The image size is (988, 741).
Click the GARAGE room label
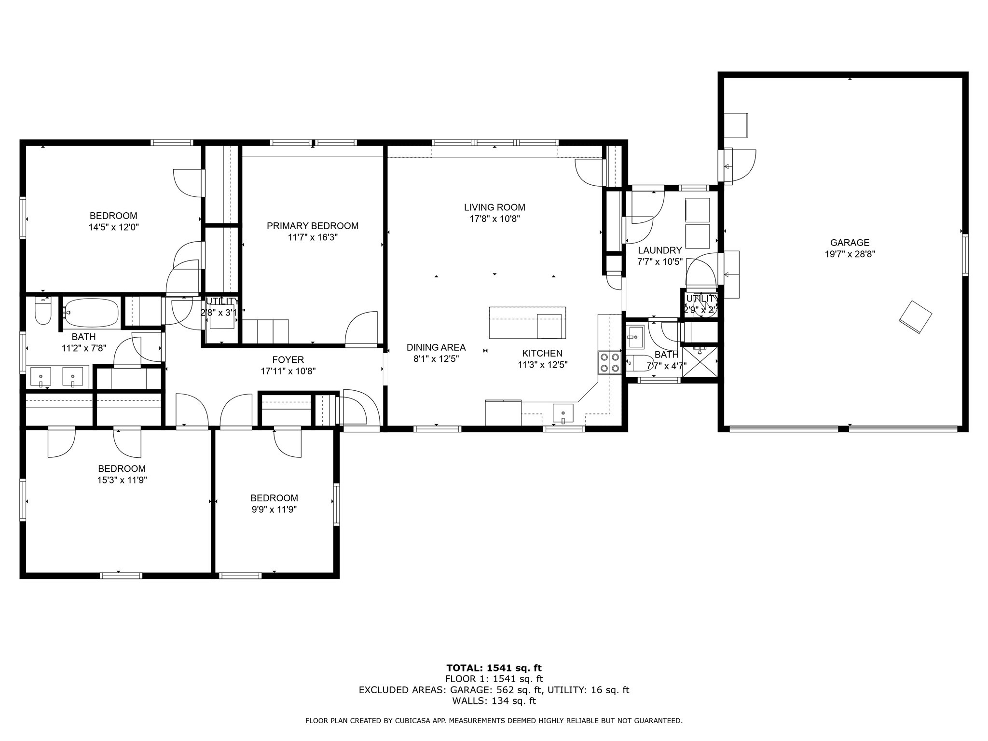tap(850, 243)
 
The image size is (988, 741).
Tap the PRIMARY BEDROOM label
tap(313, 226)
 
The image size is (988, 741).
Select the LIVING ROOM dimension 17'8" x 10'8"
tap(494, 219)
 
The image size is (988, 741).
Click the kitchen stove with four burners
tap(609, 363)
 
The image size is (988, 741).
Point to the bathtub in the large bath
tap(91, 313)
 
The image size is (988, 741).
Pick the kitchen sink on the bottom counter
tap(563, 413)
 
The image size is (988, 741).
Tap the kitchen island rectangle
tap(527, 322)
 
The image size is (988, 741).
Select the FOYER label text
tap(288, 359)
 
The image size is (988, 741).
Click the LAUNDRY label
tap(659, 250)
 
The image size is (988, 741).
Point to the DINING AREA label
tap(436, 347)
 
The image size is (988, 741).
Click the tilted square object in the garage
tap(915, 316)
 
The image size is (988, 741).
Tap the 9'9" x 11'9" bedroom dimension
tap(274, 509)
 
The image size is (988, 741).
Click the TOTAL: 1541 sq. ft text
tap(494, 668)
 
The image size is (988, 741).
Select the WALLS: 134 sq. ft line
tap(494, 701)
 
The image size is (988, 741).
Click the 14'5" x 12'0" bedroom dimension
tap(114, 227)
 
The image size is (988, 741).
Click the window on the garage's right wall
tap(965, 255)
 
